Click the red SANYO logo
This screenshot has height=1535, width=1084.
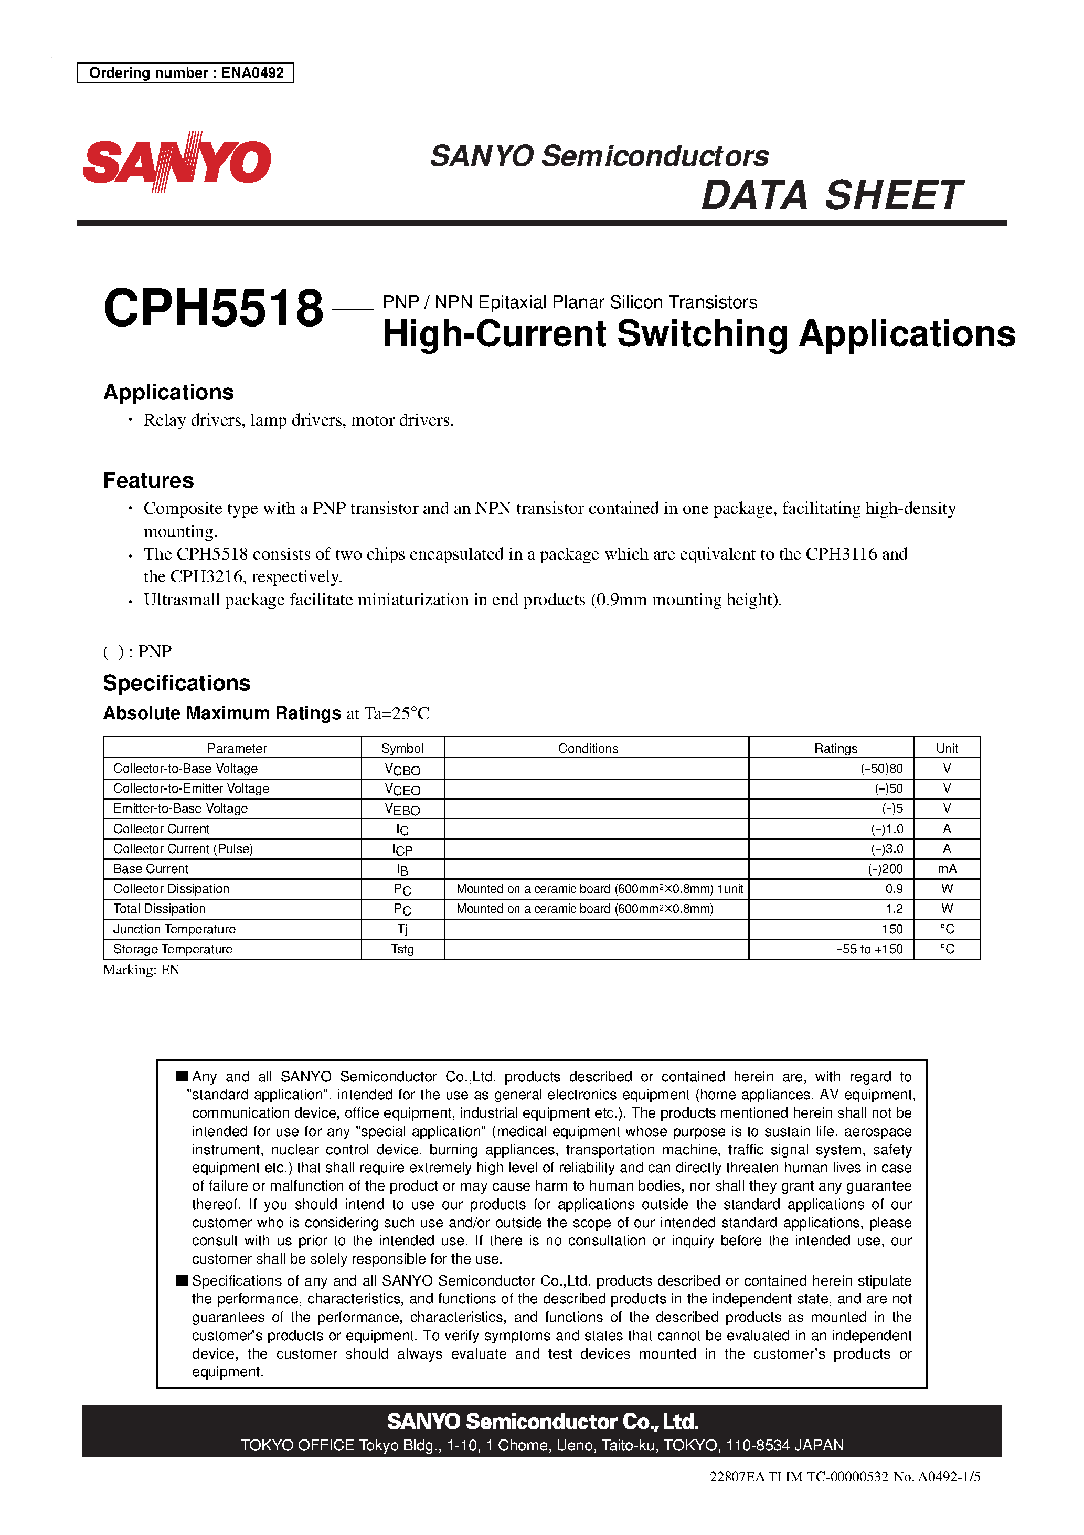tap(176, 161)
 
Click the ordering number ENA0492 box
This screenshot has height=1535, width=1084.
tap(186, 73)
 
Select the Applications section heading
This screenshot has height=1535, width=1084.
tap(168, 393)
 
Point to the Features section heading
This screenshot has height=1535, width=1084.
tap(148, 481)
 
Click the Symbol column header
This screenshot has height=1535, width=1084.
tap(402, 748)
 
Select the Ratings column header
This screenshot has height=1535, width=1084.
tap(835, 748)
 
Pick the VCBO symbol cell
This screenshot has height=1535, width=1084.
tap(402, 770)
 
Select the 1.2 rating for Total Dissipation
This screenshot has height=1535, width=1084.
tap(894, 909)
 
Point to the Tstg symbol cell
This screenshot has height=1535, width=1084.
tap(402, 949)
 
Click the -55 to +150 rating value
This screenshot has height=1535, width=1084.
tap(869, 949)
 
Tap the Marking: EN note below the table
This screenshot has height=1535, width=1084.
tap(141, 970)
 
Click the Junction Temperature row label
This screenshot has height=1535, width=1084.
tap(174, 929)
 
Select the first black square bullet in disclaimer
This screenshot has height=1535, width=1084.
tap(182, 1076)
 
